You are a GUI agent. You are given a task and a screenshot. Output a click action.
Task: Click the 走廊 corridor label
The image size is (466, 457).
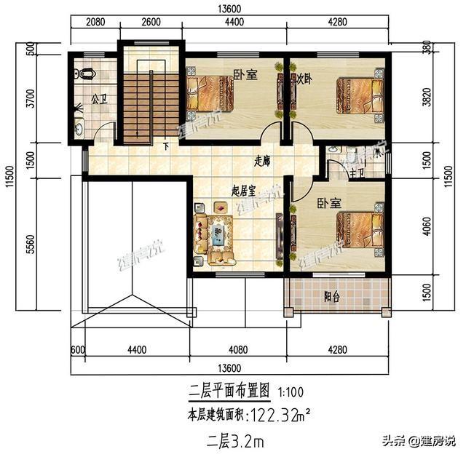tap(264, 161)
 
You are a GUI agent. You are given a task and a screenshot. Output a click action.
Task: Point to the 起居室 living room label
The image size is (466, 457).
tap(242, 191)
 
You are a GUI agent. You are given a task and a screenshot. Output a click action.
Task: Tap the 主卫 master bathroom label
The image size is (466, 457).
tap(357, 172)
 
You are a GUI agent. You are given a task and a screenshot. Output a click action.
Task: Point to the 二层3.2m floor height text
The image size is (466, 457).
tap(234, 440)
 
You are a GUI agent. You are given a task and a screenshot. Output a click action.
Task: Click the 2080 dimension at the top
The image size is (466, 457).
tap(94, 23)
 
